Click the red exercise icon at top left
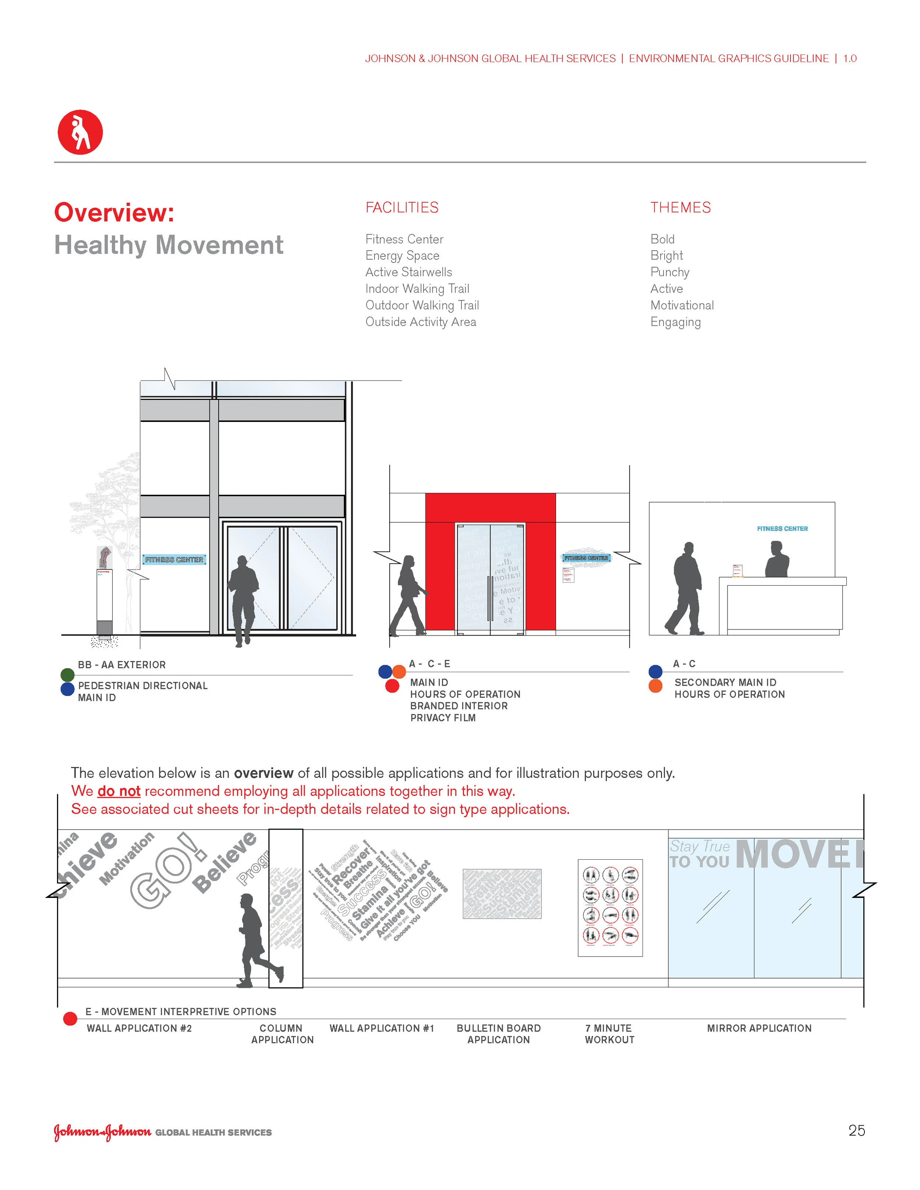(x=80, y=132)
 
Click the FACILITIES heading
(x=402, y=207)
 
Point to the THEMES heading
(x=680, y=207)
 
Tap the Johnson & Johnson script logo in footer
(x=102, y=1132)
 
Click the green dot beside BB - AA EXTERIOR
(x=68, y=675)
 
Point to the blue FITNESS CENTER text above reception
(x=782, y=529)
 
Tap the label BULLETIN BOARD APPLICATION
(x=498, y=1034)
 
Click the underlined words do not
(x=119, y=791)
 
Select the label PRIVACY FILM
(x=443, y=718)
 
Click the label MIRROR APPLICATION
(x=759, y=1028)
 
